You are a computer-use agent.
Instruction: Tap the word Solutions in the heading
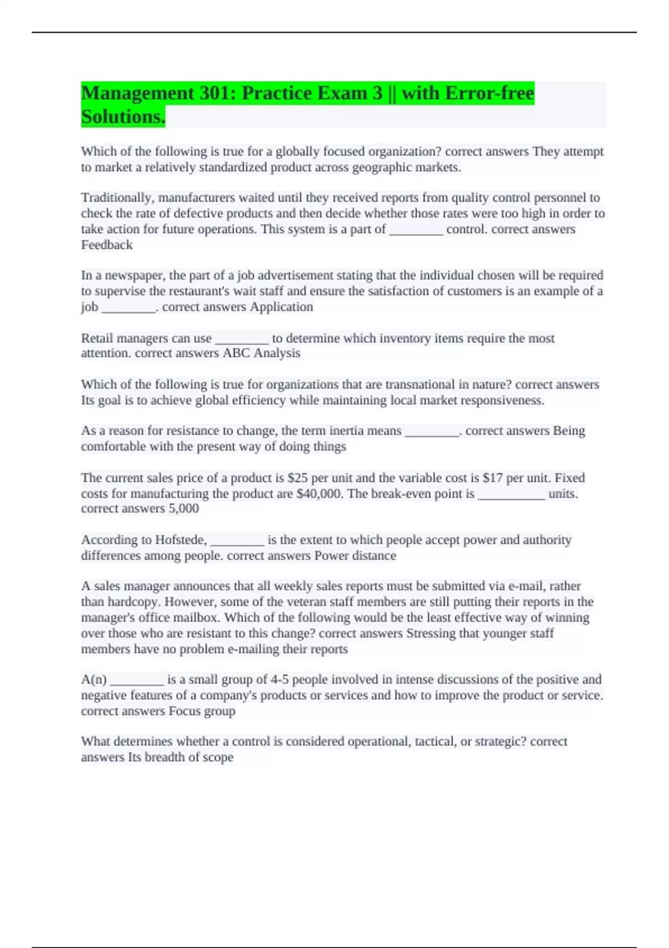123,117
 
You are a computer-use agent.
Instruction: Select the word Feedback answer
107,245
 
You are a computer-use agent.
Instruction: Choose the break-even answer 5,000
183,509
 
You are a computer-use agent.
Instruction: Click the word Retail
96,338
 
